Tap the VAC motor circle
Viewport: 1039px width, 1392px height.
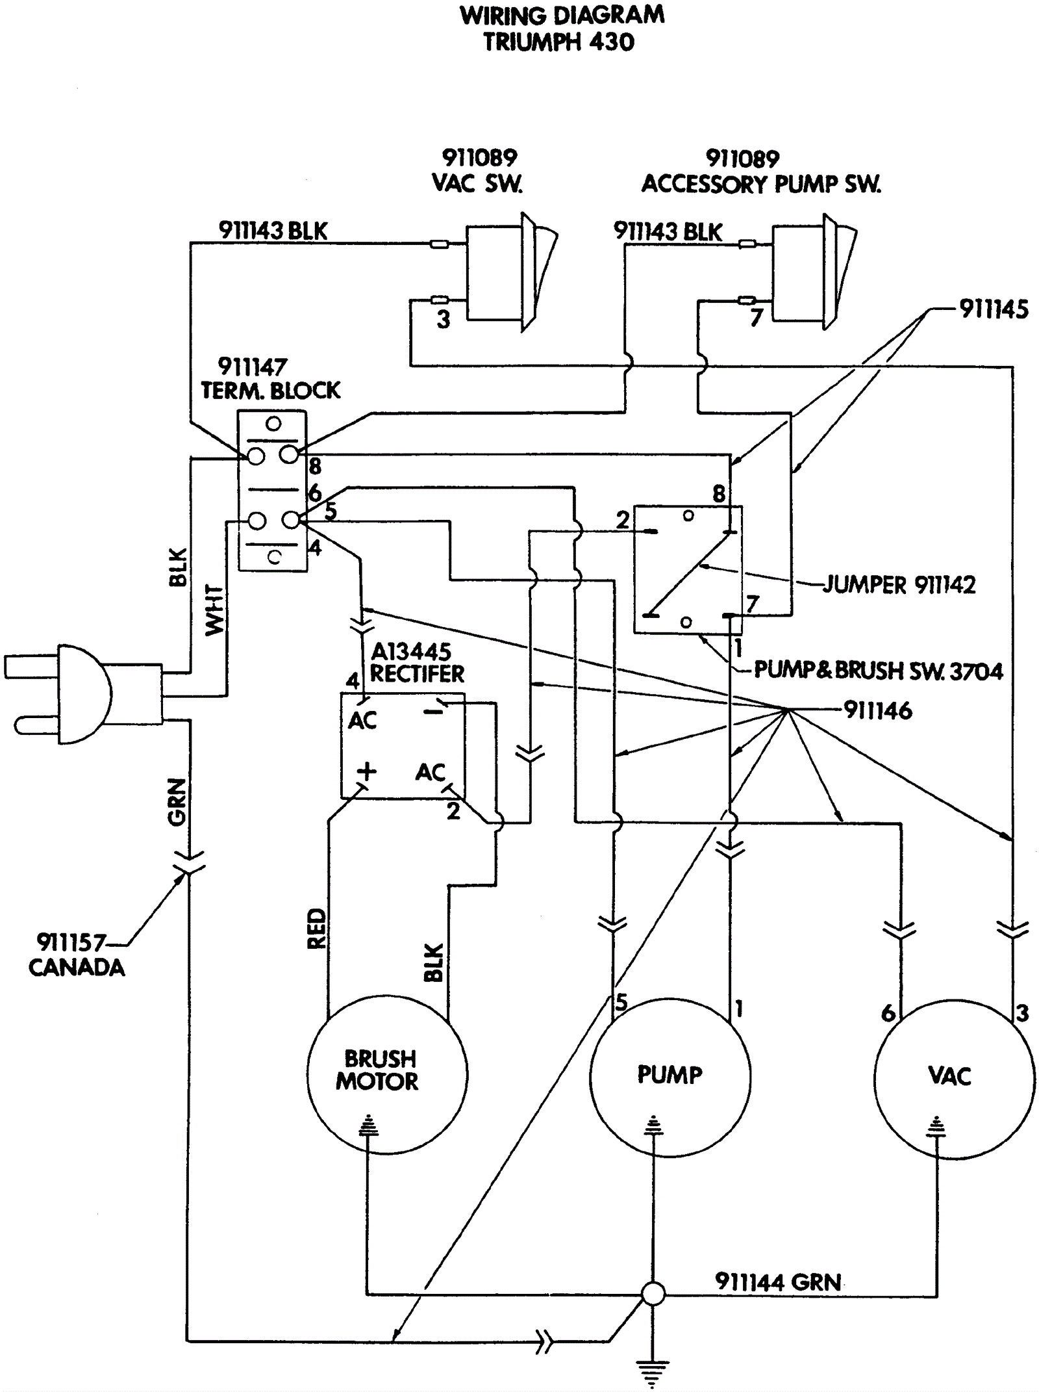tap(875, 1079)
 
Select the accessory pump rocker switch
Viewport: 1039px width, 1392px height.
tap(814, 272)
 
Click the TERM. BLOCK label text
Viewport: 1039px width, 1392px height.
tap(270, 391)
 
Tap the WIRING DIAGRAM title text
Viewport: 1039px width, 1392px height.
tap(562, 15)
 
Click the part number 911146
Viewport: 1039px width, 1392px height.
tap(878, 711)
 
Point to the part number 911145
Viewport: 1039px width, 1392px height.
tap(994, 309)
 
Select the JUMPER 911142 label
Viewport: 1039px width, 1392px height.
tap(899, 585)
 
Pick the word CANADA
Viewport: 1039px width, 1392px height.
tap(77, 968)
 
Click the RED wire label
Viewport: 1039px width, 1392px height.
tap(316, 929)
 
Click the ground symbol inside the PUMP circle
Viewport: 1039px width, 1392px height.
tap(653, 1125)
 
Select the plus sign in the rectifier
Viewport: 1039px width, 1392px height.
tap(366, 771)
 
